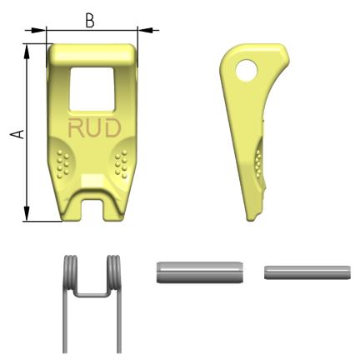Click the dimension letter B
point(89,21)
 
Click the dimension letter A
point(17,134)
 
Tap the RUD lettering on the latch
point(95,127)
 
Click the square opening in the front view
point(92,89)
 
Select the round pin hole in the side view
point(247,69)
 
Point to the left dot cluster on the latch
point(62,163)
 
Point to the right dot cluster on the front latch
point(121,164)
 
